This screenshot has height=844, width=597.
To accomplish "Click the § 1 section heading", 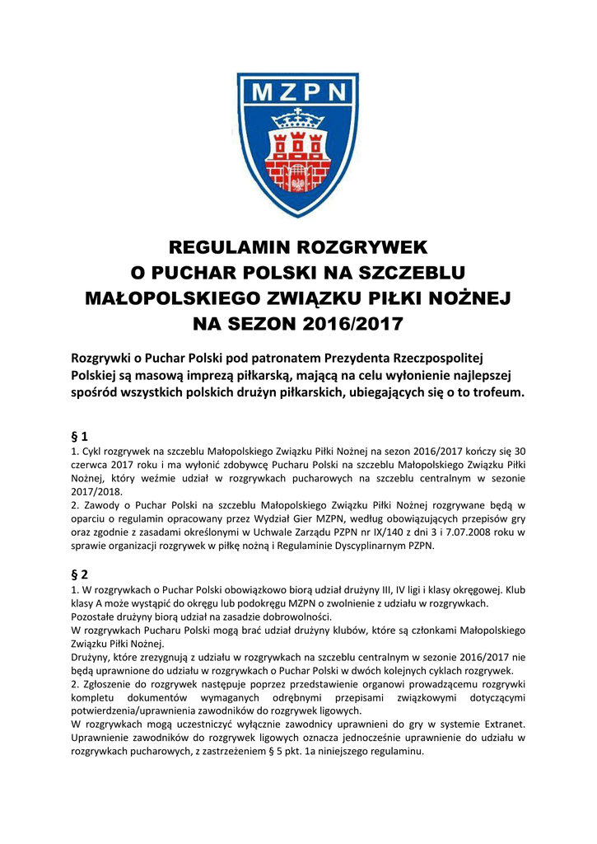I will point(81,435).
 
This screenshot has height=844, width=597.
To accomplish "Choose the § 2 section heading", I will point(81,574).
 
